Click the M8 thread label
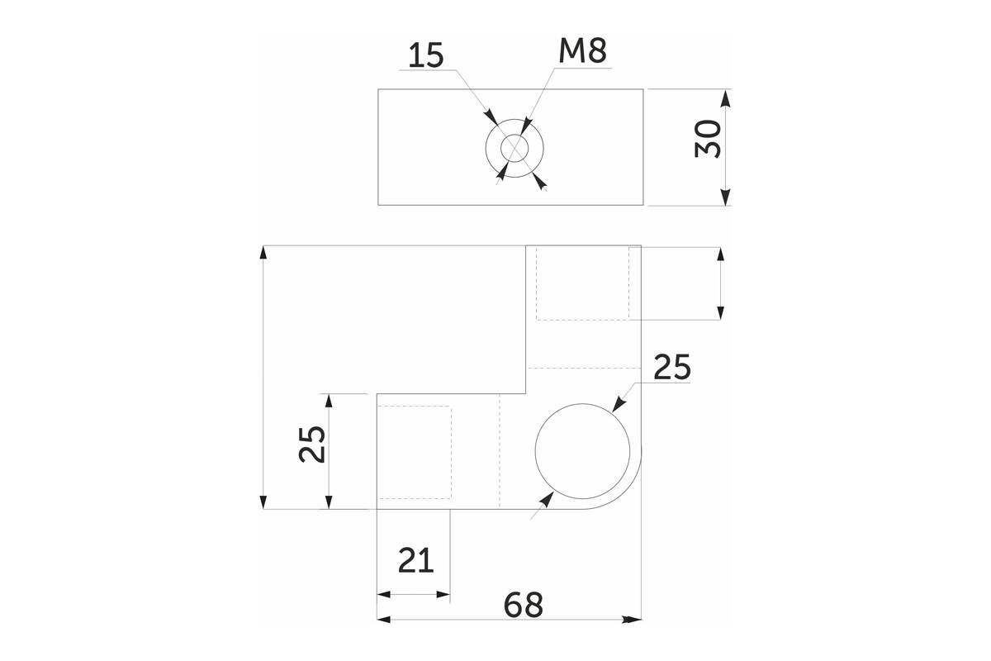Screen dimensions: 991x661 click(x=582, y=51)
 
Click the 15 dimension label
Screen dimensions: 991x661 click(x=425, y=56)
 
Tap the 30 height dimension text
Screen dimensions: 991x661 click(x=708, y=139)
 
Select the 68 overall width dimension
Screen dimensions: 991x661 click(x=523, y=605)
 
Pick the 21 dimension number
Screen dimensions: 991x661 click(x=416, y=560)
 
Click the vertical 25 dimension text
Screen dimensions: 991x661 click(x=312, y=444)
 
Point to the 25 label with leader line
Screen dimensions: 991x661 click(x=671, y=367)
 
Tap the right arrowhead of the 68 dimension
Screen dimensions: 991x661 click(x=632, y=620)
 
